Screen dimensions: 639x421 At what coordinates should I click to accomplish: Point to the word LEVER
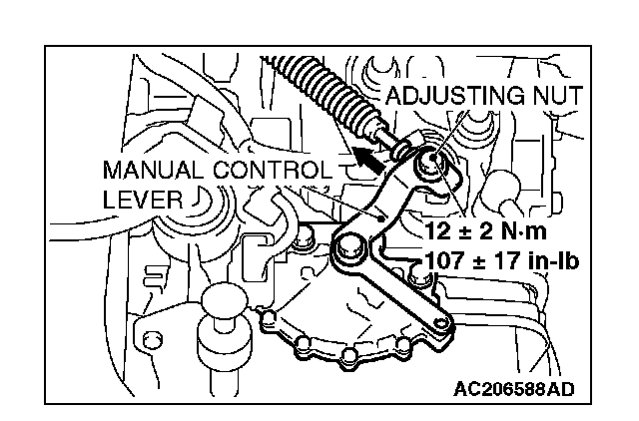pyautogui.click(x=143, y=200)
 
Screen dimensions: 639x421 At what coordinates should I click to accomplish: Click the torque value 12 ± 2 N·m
pyautogui.click(x=487, y=231)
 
